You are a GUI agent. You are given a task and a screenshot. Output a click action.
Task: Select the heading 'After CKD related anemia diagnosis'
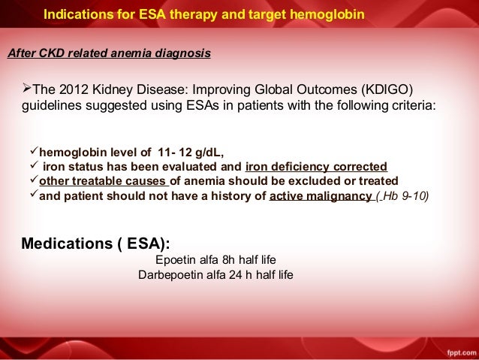click(109, 54)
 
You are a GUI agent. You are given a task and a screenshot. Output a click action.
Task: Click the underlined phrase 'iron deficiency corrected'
click(316, 167)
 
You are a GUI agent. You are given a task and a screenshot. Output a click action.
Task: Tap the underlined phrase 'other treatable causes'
click(104, 182)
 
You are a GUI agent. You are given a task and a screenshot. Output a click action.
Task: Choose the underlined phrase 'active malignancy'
click(320, 197)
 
